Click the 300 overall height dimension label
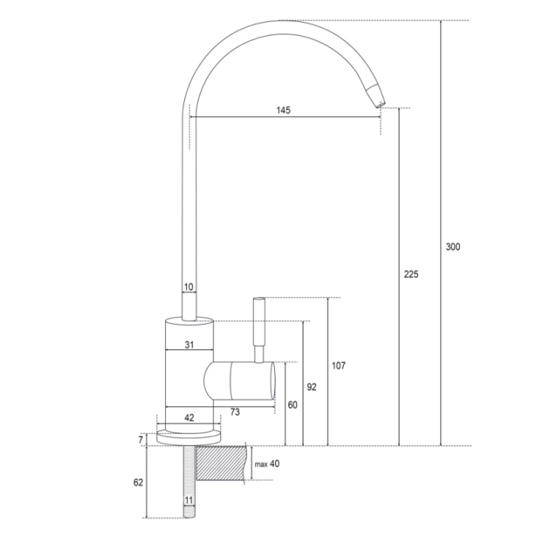click(x=453, y=247)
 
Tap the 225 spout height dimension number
click(x=411, y=274)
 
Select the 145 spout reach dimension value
click(x=283, y=110)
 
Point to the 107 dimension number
click(x=338, y=366)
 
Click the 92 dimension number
click(x=312, y=387)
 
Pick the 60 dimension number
click(x=293, y=405)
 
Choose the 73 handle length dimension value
click(x=235, y=412)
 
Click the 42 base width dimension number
click(x=189, y=418)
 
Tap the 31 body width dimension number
click(x=189, y=345)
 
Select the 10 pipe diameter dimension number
click(x=189, y=287)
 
